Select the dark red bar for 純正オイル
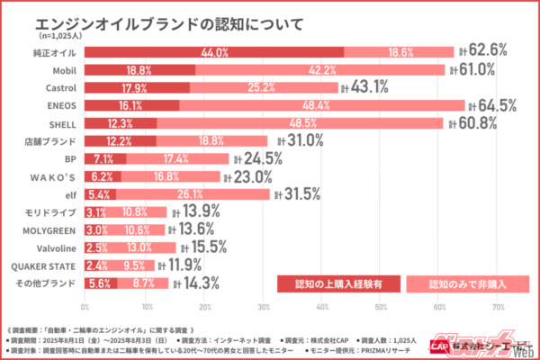point(214,52)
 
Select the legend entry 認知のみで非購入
point(458,283)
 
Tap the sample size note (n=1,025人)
point(59,36)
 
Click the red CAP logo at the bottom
point(443,346)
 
